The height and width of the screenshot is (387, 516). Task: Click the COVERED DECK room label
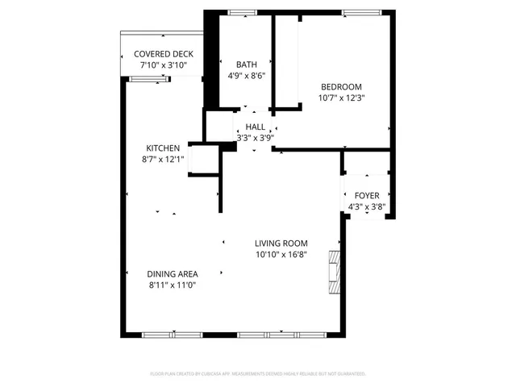pos(164,54)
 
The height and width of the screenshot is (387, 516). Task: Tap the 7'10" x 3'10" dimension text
pos(164,64)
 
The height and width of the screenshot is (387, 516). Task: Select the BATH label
pos(246,64)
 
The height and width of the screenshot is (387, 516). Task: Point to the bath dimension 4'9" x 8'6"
pos(246,76)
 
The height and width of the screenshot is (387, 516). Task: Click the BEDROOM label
pos(341,87)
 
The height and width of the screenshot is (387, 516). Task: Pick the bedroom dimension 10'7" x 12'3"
pos(341,98)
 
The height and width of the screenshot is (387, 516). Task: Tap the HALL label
pos(256,127)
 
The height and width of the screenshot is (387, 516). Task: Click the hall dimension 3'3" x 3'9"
pos(256,138)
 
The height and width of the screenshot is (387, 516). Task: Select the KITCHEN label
pos(162,148)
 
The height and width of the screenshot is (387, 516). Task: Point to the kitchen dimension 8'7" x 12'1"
pos(162,160)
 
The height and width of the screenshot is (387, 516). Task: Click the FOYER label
pos(367,195)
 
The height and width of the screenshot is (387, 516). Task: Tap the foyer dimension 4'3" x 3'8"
pos(367,206)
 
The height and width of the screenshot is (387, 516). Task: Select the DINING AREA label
pos(173,274)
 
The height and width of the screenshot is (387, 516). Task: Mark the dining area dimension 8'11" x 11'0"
pos(173,285)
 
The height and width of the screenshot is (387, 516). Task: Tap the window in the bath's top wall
pos(241,12)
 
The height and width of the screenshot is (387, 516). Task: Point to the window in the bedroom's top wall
pos(356,12)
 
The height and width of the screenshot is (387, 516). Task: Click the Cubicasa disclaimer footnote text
pos(258,374)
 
